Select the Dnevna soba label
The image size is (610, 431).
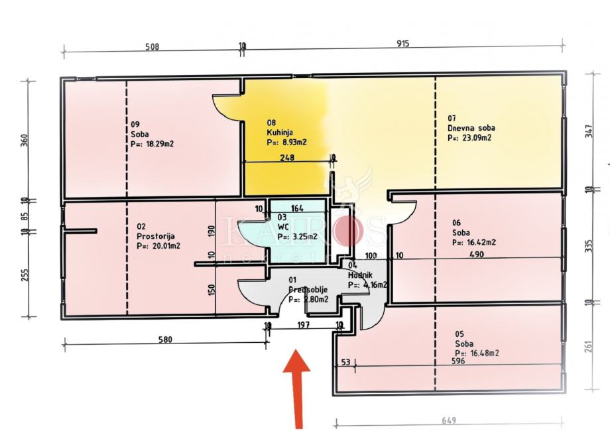(x=471, y=128)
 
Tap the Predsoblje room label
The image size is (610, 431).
(x=309, y=290)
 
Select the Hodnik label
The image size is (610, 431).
(x=361, y=275)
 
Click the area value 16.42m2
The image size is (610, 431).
(x=476, y=243)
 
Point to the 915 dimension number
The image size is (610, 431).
(x=403, y=44)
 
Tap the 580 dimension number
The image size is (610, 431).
(x=165, y=340)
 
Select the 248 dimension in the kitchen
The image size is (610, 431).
(x=287, y=158)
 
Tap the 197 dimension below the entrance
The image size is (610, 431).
(x=304, y=325)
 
